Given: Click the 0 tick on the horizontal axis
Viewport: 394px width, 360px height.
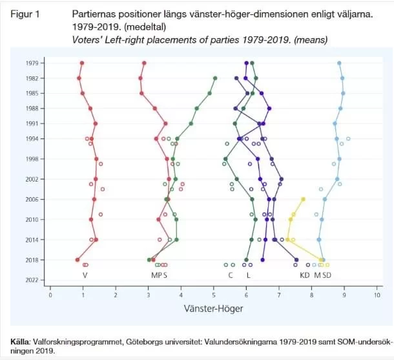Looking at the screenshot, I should [x=50, y=295].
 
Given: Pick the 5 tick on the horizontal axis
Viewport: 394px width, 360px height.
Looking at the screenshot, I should [x=214, y=295].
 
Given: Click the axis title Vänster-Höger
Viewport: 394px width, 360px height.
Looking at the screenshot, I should [x=214, y=309].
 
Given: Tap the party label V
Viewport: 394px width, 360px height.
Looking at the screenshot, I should [x=85, y=275].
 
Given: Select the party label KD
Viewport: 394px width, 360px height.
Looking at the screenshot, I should [x=304, y=275].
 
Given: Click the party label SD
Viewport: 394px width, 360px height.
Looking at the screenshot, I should [x=327, y=275].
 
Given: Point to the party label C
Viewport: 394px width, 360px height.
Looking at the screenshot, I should [x=231, y=275].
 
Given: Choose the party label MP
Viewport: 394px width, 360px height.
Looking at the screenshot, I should [x=155, y=275].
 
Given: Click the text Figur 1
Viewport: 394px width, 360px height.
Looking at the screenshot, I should [x=25, y=14].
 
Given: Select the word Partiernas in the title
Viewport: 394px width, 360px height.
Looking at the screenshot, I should [x=92, y=14].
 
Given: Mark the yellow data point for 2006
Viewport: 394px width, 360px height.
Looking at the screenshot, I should [x=303, y=199].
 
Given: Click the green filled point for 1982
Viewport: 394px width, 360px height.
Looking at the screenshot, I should [x=215, y=78].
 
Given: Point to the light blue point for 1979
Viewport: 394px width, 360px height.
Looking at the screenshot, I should [x=340, y=63].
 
